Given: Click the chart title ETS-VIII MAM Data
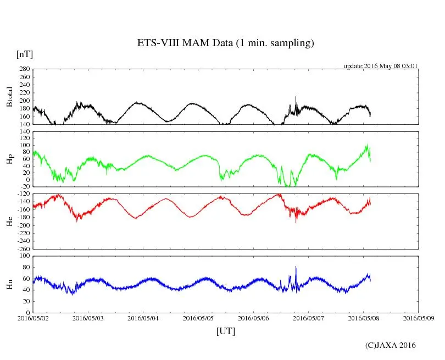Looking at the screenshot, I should click(225, 43).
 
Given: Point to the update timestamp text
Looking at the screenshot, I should click(381, 65).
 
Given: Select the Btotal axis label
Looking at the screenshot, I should click(9, 97).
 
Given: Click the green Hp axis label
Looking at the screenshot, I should click(9, 159).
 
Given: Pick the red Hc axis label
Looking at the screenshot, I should click(9, 221).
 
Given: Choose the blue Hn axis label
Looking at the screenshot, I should click(9, 284).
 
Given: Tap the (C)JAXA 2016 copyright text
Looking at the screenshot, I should click(390, 345).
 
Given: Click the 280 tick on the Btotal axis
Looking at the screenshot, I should click(23, 69).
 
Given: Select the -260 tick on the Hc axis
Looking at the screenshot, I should click(22, 248).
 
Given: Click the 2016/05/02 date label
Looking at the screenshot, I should click(33, 318).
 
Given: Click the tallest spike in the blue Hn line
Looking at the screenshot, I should click(296, 267).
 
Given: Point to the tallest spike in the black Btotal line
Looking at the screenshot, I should click(296, 97).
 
